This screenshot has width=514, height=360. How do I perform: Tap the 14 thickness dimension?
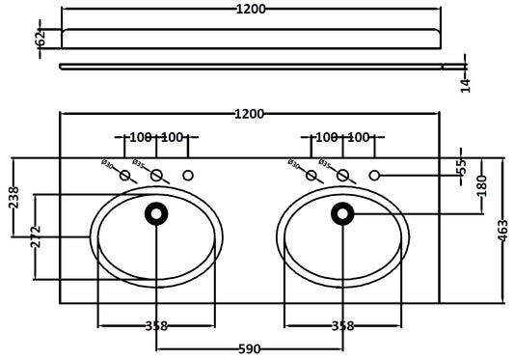(466, 85)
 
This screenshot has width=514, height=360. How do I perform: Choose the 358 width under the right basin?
(342, 325)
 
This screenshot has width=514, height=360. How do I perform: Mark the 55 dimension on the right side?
(461, 166)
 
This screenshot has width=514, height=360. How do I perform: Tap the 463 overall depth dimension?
(503, 232)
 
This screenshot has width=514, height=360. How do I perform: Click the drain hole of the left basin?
(156, 211)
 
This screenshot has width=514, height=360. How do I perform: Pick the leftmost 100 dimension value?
(142, 139)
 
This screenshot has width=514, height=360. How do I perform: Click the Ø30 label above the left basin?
(108, 165)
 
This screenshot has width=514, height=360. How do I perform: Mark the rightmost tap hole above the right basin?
(374, 175)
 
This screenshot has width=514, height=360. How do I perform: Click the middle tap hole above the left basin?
(156, 175)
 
